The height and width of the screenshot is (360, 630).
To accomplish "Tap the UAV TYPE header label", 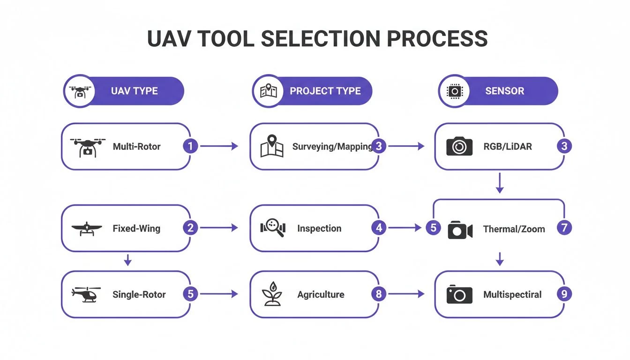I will (x=134, y=91).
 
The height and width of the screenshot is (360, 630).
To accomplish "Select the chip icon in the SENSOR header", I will (x=454, y=91).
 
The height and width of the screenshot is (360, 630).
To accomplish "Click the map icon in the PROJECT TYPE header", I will (x=269, y=91).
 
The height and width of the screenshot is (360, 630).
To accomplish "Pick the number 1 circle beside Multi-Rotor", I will (x=190, y=146).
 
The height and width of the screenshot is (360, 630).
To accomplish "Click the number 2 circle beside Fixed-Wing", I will (x=190, y=228).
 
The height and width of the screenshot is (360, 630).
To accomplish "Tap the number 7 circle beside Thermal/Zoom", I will (x=564, y=228).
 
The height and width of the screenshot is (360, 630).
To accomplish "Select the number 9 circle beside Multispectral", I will (x=564, y=294).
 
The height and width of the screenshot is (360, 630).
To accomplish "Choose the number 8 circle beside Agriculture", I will (x=378, y=294).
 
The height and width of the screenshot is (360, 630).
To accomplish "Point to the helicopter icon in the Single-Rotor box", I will (x=86, y=294).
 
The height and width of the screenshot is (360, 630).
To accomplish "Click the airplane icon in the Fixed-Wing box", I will (x=86, y=229).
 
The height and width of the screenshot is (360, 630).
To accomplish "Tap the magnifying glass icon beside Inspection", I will (x=273, y=228).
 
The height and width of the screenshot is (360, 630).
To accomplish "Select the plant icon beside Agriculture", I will (x=272, y=294).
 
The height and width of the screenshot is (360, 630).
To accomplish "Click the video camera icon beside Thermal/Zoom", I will (x=459, y=229).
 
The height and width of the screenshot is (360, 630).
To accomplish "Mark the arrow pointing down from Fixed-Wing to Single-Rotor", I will (x=127, y=261).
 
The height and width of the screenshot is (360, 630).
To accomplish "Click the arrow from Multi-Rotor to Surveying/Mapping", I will (x=219, y=146).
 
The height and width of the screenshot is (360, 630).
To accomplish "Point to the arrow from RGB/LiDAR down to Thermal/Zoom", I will (x=500, y=183).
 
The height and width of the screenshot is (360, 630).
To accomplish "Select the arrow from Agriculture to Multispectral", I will (x=406, y=294).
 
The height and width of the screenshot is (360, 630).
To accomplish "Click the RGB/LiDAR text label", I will (x=507, y=147).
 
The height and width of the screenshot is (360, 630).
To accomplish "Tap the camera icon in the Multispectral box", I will (x=459, y=294).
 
